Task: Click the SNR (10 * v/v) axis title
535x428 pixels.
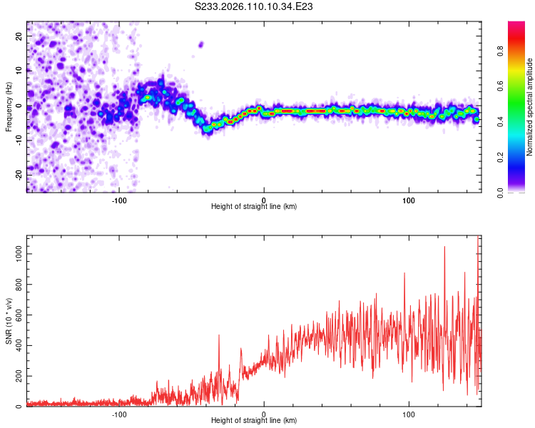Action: tap(9, 321)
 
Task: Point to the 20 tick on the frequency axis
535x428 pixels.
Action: tap(19, 36)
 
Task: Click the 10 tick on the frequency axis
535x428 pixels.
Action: tap(19, 71)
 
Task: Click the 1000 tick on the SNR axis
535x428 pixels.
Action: tap(16, 253)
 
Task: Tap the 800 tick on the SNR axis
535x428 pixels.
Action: tap(17, 284)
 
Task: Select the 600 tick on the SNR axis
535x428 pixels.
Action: tap(17, 315)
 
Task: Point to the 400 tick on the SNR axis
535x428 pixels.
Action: tap(17, 345)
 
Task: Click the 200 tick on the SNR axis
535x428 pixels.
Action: tap(17, 376)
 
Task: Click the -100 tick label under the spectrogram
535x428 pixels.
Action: tap(119, 200)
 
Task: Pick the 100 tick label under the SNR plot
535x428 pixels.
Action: tap(409, 414)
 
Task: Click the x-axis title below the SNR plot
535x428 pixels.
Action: tap(254, 421)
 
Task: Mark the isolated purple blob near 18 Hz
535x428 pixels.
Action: tap(200, 44)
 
